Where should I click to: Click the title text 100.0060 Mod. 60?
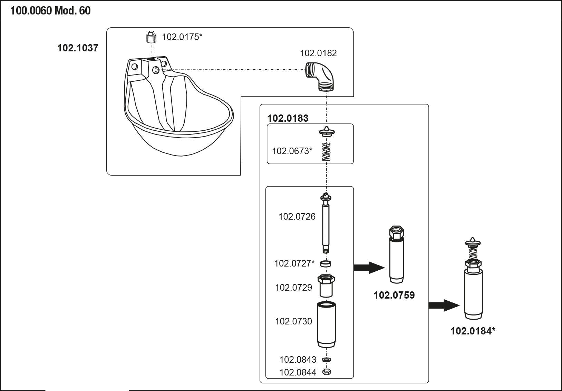pyautogui.click(x=50, y=11)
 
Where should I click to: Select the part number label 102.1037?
pyautogui.click(x=78, y=48)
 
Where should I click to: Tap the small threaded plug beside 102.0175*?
pyautogui.click(x=151, y=37)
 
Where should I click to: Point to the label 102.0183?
pyautogui.click(x=288, y=118)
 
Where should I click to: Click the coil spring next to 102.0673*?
pyautogui.click(x=326, y=152)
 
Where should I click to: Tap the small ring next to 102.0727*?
pyautogui.click(x=326, y=264)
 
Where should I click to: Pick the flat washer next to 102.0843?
pyautogui.click(x=327, y=360)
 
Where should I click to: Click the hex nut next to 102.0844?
pyautogui.click(x=327, y=372)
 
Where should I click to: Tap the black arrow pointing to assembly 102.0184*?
pyautogui.click(x=444, y=305)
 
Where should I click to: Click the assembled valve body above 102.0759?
pyautogui.click(x=397, y=255)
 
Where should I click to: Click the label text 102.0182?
pyautogui.click(x=318, y=53)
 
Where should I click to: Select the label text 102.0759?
pyautogui.click(x=394, y=295)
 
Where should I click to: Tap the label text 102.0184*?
pyautogui.click(x=473, y=331)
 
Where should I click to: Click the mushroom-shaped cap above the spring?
pyautogui.click(x=326, y=132)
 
